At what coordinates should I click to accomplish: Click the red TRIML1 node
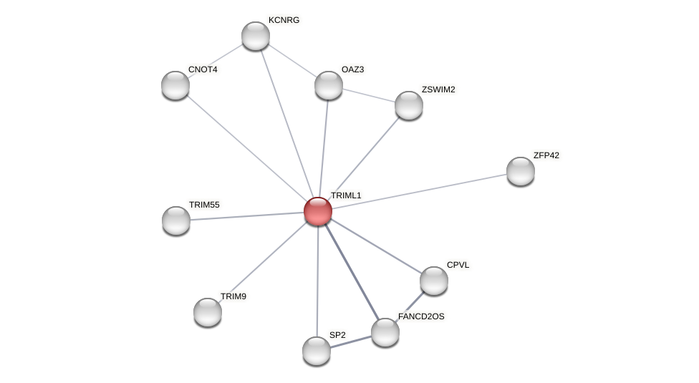(x=318, y=211)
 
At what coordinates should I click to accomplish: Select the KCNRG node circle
(x=256, y=36)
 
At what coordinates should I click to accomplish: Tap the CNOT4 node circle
(x=175, y=85)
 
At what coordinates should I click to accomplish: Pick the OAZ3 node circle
(x=329, y=85)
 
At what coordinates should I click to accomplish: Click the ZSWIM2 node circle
(x=409, y=105)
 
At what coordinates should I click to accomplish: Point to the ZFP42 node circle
(x=521, y=171)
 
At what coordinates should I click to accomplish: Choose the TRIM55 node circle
(x=176, y=220)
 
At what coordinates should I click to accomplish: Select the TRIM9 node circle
(x=208, y=312)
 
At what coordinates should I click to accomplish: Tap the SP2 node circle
(x=317, y=351)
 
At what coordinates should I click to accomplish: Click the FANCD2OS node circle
(x=385, y=332)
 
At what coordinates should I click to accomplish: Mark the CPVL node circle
(x=434, y=281)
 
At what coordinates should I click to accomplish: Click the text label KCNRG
(x=284, y=20)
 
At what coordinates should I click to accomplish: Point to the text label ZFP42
(x=546, y=155)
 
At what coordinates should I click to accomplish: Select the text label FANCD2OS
(x=421, y=316)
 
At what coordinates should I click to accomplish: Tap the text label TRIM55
(x=204, y=205)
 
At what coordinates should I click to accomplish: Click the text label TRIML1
(x=346, y=195)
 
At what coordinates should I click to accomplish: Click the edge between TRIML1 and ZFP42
(x=419, y=191)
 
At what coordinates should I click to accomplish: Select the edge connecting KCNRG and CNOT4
(x=216, y=61)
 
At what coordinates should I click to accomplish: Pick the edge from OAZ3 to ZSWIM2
(x=369, y=95)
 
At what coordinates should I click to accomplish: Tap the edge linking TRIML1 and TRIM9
(x=263, y=262)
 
